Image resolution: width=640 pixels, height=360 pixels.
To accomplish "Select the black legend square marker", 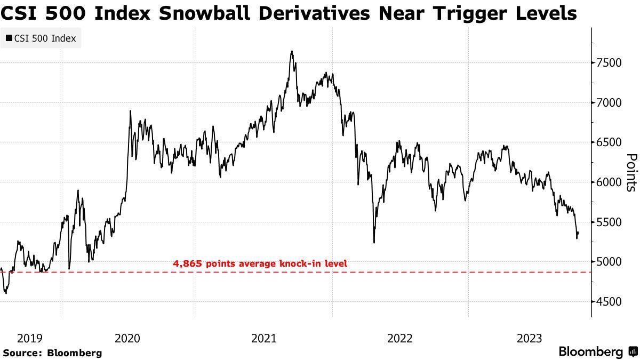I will click(x=9, y=38).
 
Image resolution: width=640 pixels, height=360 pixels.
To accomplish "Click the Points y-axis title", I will click(x=631, y=172).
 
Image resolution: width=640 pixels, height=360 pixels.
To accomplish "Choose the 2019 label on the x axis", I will click(x=30, y=338).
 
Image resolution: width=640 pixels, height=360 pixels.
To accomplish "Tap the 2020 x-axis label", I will click(x=127, y=338).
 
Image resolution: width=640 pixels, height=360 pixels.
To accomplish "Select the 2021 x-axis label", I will click(x=263, y=338).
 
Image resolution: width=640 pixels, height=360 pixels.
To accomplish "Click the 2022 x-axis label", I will click(x=399, y=338).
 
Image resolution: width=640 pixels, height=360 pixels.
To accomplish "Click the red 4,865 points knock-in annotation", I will click(x=260, y=263).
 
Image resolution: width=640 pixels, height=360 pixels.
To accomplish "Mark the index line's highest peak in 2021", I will click(x=292, y=52).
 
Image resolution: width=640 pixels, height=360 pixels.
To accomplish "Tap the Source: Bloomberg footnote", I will click(x=52, y=353).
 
